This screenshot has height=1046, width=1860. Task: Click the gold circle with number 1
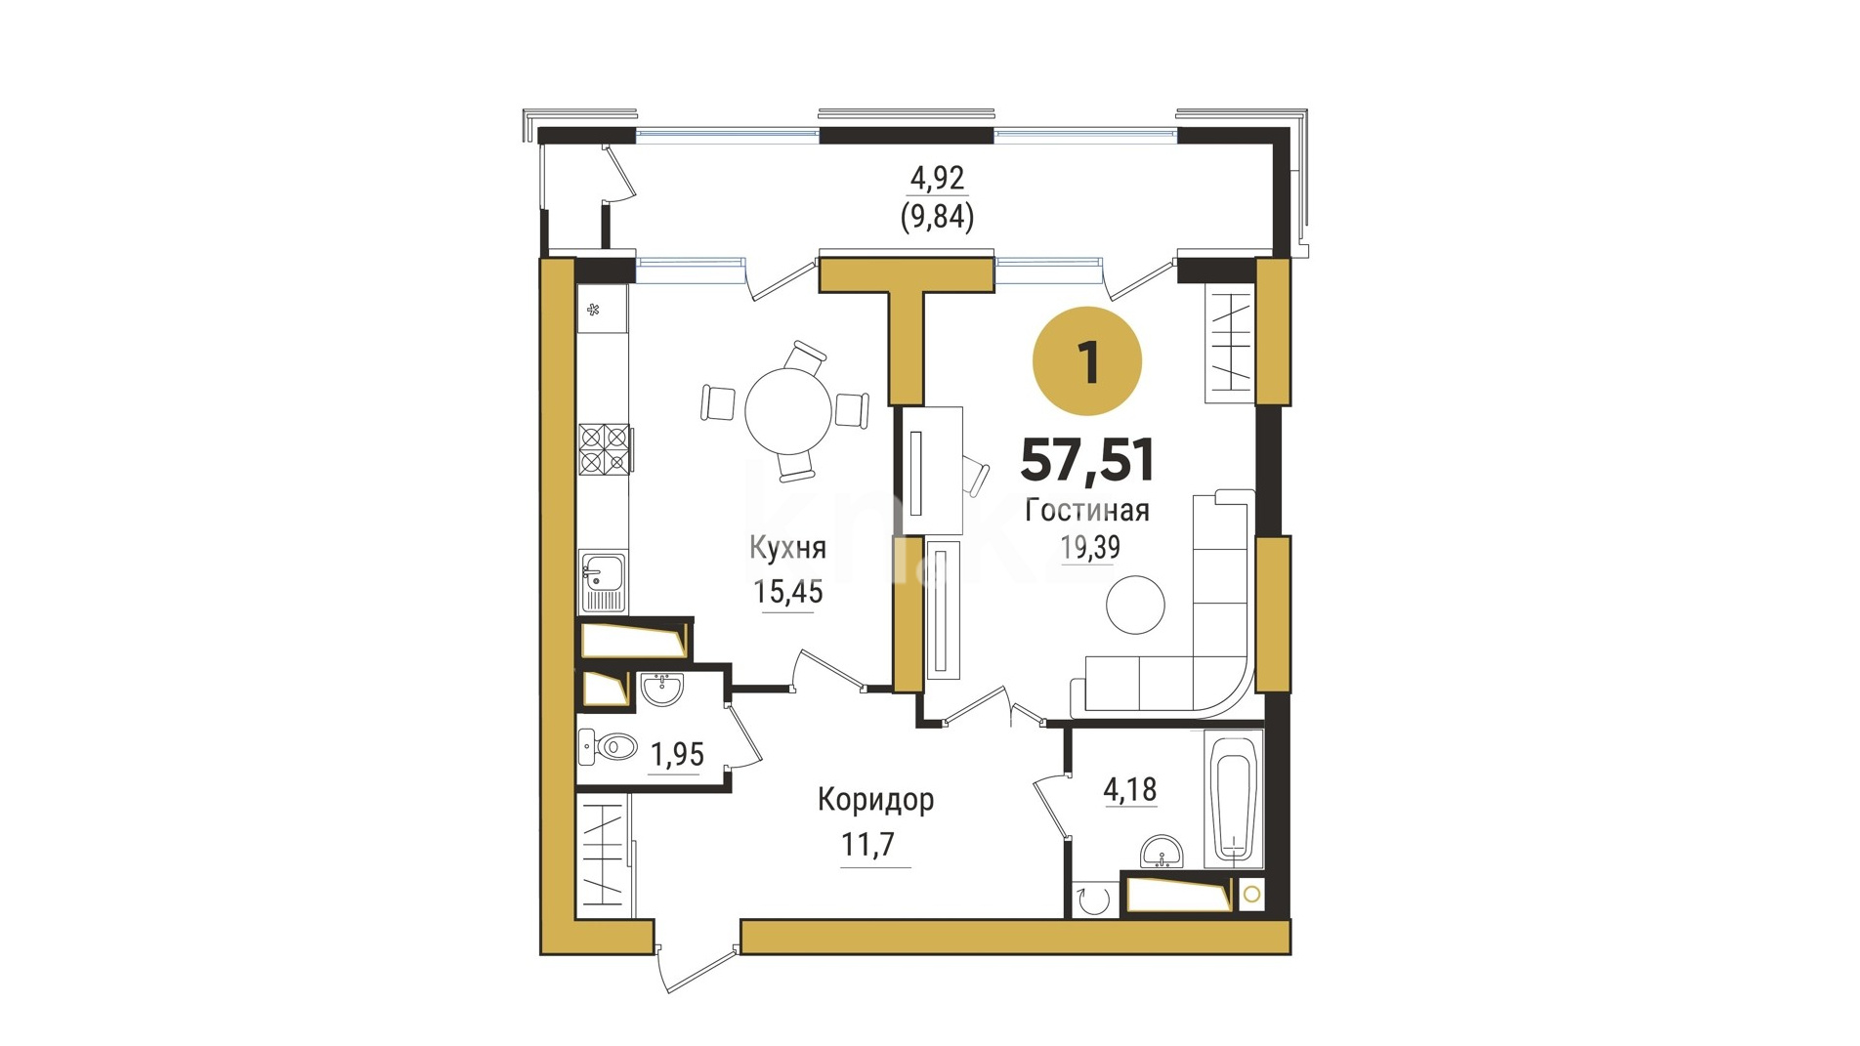pyautogui.click(x=1087, y=361)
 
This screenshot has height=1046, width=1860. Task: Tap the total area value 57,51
pyautogui.click(x=1087, y=460)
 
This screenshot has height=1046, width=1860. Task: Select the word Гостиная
pyautogui.click(x=1087, y=510)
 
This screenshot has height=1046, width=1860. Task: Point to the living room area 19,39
pyautogui.click(x=1090, y=548)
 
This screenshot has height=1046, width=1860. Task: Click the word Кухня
pyautogui.click(x=787, y=548)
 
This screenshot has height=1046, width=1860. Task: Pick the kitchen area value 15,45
pyautogui.click(x=787, y=591)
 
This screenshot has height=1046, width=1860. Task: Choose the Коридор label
pyautogui.click(x=875, y=800)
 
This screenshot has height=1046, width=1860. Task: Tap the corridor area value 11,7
pyautogui.click(x=867, y=843)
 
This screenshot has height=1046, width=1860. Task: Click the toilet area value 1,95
pyautogui.click(x=677, y=754)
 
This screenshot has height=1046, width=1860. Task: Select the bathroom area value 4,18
pyautogui.click(x=1130, y=789)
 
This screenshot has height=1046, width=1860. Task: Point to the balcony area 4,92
pyautogui.click(x=937, y=178)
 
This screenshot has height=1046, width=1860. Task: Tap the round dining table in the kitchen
pyautogui.click(x=788, y=410)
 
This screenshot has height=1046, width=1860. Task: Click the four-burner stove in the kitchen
pyautogui.click(x=604, y=449)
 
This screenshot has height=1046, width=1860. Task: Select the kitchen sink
pyautogui.click(x=603, y=581)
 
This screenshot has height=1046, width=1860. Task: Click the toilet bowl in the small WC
pyautogui.click(x=609, y=749)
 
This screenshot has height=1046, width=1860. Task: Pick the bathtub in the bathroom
pyautogui.click(x=1233, y=799)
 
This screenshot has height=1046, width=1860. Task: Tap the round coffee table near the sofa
pyautogui.click(x=1135, y=606)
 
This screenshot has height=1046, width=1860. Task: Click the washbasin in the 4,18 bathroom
pyautogui.click(x=1162, y=852)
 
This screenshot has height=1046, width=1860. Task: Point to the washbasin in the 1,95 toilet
pyautogui.click(x=662, y=689)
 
